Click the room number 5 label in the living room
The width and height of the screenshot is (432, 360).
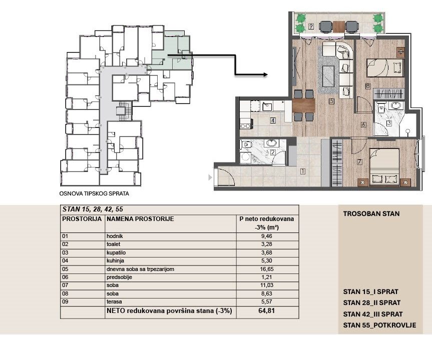click(331, 101)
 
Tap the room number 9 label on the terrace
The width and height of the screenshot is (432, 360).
click(311, 26)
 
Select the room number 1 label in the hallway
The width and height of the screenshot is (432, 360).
click(302, 171)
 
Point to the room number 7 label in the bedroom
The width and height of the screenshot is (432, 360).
click(359, 162)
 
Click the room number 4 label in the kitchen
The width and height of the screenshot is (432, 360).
click(273, 120)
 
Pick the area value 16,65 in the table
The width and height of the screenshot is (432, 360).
click(267, 269)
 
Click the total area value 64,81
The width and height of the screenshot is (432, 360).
click(267, 310)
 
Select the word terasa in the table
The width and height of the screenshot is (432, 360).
click(114, 301)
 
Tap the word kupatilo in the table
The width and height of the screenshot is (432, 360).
click(116, 252)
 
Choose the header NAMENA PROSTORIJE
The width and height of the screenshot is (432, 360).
click(140, 219)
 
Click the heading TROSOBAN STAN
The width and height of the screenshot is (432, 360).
click(371, 214)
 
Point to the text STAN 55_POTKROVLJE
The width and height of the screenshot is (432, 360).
click(379, 325)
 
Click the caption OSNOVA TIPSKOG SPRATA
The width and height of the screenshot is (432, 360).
click(94, 193)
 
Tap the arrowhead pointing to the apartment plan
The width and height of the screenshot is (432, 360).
click(265, 74)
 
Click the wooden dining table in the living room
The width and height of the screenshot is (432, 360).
click(304, 105)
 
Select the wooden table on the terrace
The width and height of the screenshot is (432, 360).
click(338, 27)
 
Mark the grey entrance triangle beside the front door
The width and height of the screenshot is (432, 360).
click(210, 177)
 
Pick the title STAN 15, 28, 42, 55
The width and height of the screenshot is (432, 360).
click(93, 209)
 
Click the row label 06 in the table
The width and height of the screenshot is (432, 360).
click(65, 277)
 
